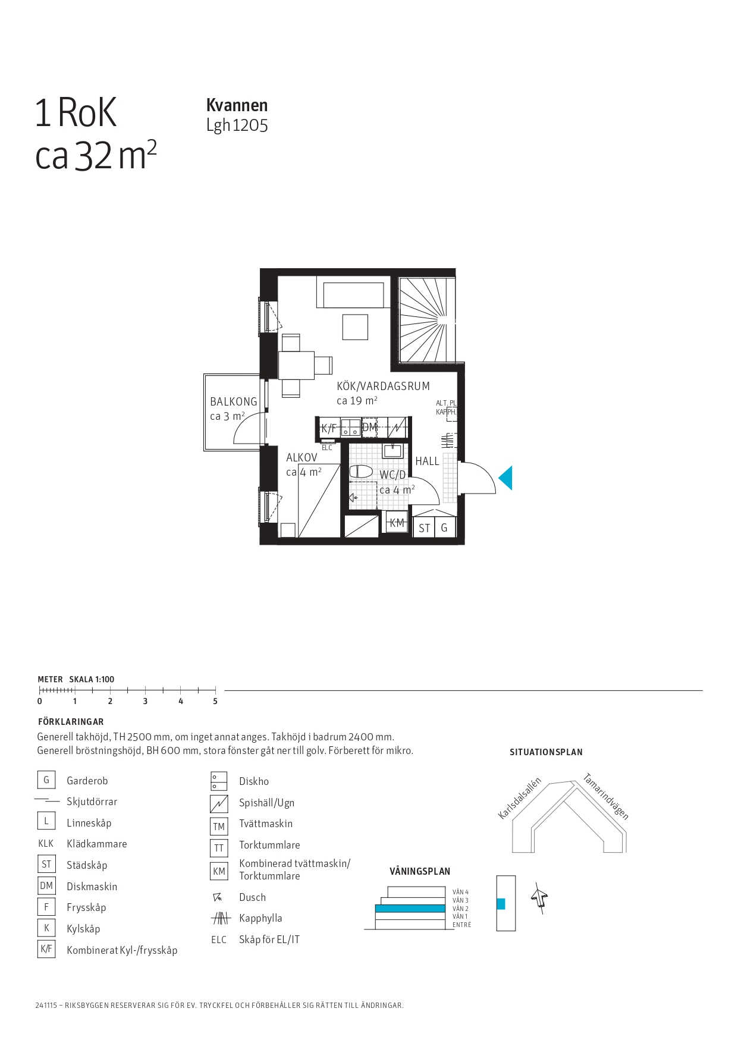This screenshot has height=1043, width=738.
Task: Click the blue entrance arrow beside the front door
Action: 506,478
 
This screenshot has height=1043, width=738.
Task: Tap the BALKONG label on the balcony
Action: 234,402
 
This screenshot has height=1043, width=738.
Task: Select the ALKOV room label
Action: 302,458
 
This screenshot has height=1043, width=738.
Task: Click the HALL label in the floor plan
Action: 427,461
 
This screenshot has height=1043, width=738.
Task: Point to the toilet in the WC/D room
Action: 361,472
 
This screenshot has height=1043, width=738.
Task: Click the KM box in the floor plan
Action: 397,523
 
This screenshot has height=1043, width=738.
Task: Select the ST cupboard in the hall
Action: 424,527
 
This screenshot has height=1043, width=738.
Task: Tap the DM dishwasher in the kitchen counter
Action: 369,428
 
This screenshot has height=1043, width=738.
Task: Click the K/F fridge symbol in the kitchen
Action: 329,428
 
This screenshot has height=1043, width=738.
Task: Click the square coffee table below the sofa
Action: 355,327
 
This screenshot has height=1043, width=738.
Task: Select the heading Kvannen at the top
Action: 237,105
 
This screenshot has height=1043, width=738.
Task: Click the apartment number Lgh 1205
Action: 237,125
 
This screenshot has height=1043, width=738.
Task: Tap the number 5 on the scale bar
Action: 215,702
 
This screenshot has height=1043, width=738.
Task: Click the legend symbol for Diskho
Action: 219,781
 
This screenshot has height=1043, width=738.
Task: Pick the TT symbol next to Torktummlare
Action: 219,848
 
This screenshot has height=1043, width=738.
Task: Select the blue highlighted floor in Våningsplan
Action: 410,909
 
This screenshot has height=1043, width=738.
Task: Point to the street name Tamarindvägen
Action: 606,796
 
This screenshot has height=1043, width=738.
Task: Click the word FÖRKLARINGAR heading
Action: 71,722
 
